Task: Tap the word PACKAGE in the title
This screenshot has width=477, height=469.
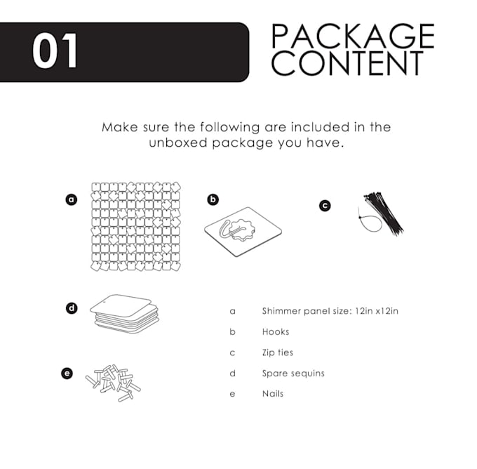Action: [352, 37]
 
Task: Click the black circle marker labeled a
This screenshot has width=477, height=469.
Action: [71, 199]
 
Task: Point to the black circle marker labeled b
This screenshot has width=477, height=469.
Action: [213, 199]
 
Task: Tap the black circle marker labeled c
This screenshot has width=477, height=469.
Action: [325, 206]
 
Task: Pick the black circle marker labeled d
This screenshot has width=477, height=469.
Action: [71, 308]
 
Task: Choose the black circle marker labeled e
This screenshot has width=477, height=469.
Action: [67, 374]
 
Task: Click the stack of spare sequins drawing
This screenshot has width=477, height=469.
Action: [124, 312]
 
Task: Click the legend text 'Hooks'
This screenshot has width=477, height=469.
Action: [276, 331]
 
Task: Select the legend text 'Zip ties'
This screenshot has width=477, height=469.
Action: [278, 352]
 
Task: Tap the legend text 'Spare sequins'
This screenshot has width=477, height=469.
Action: [293, 374]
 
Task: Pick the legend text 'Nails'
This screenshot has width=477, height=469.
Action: [273, 394]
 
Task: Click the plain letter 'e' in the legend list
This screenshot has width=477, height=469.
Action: [232, 394]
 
